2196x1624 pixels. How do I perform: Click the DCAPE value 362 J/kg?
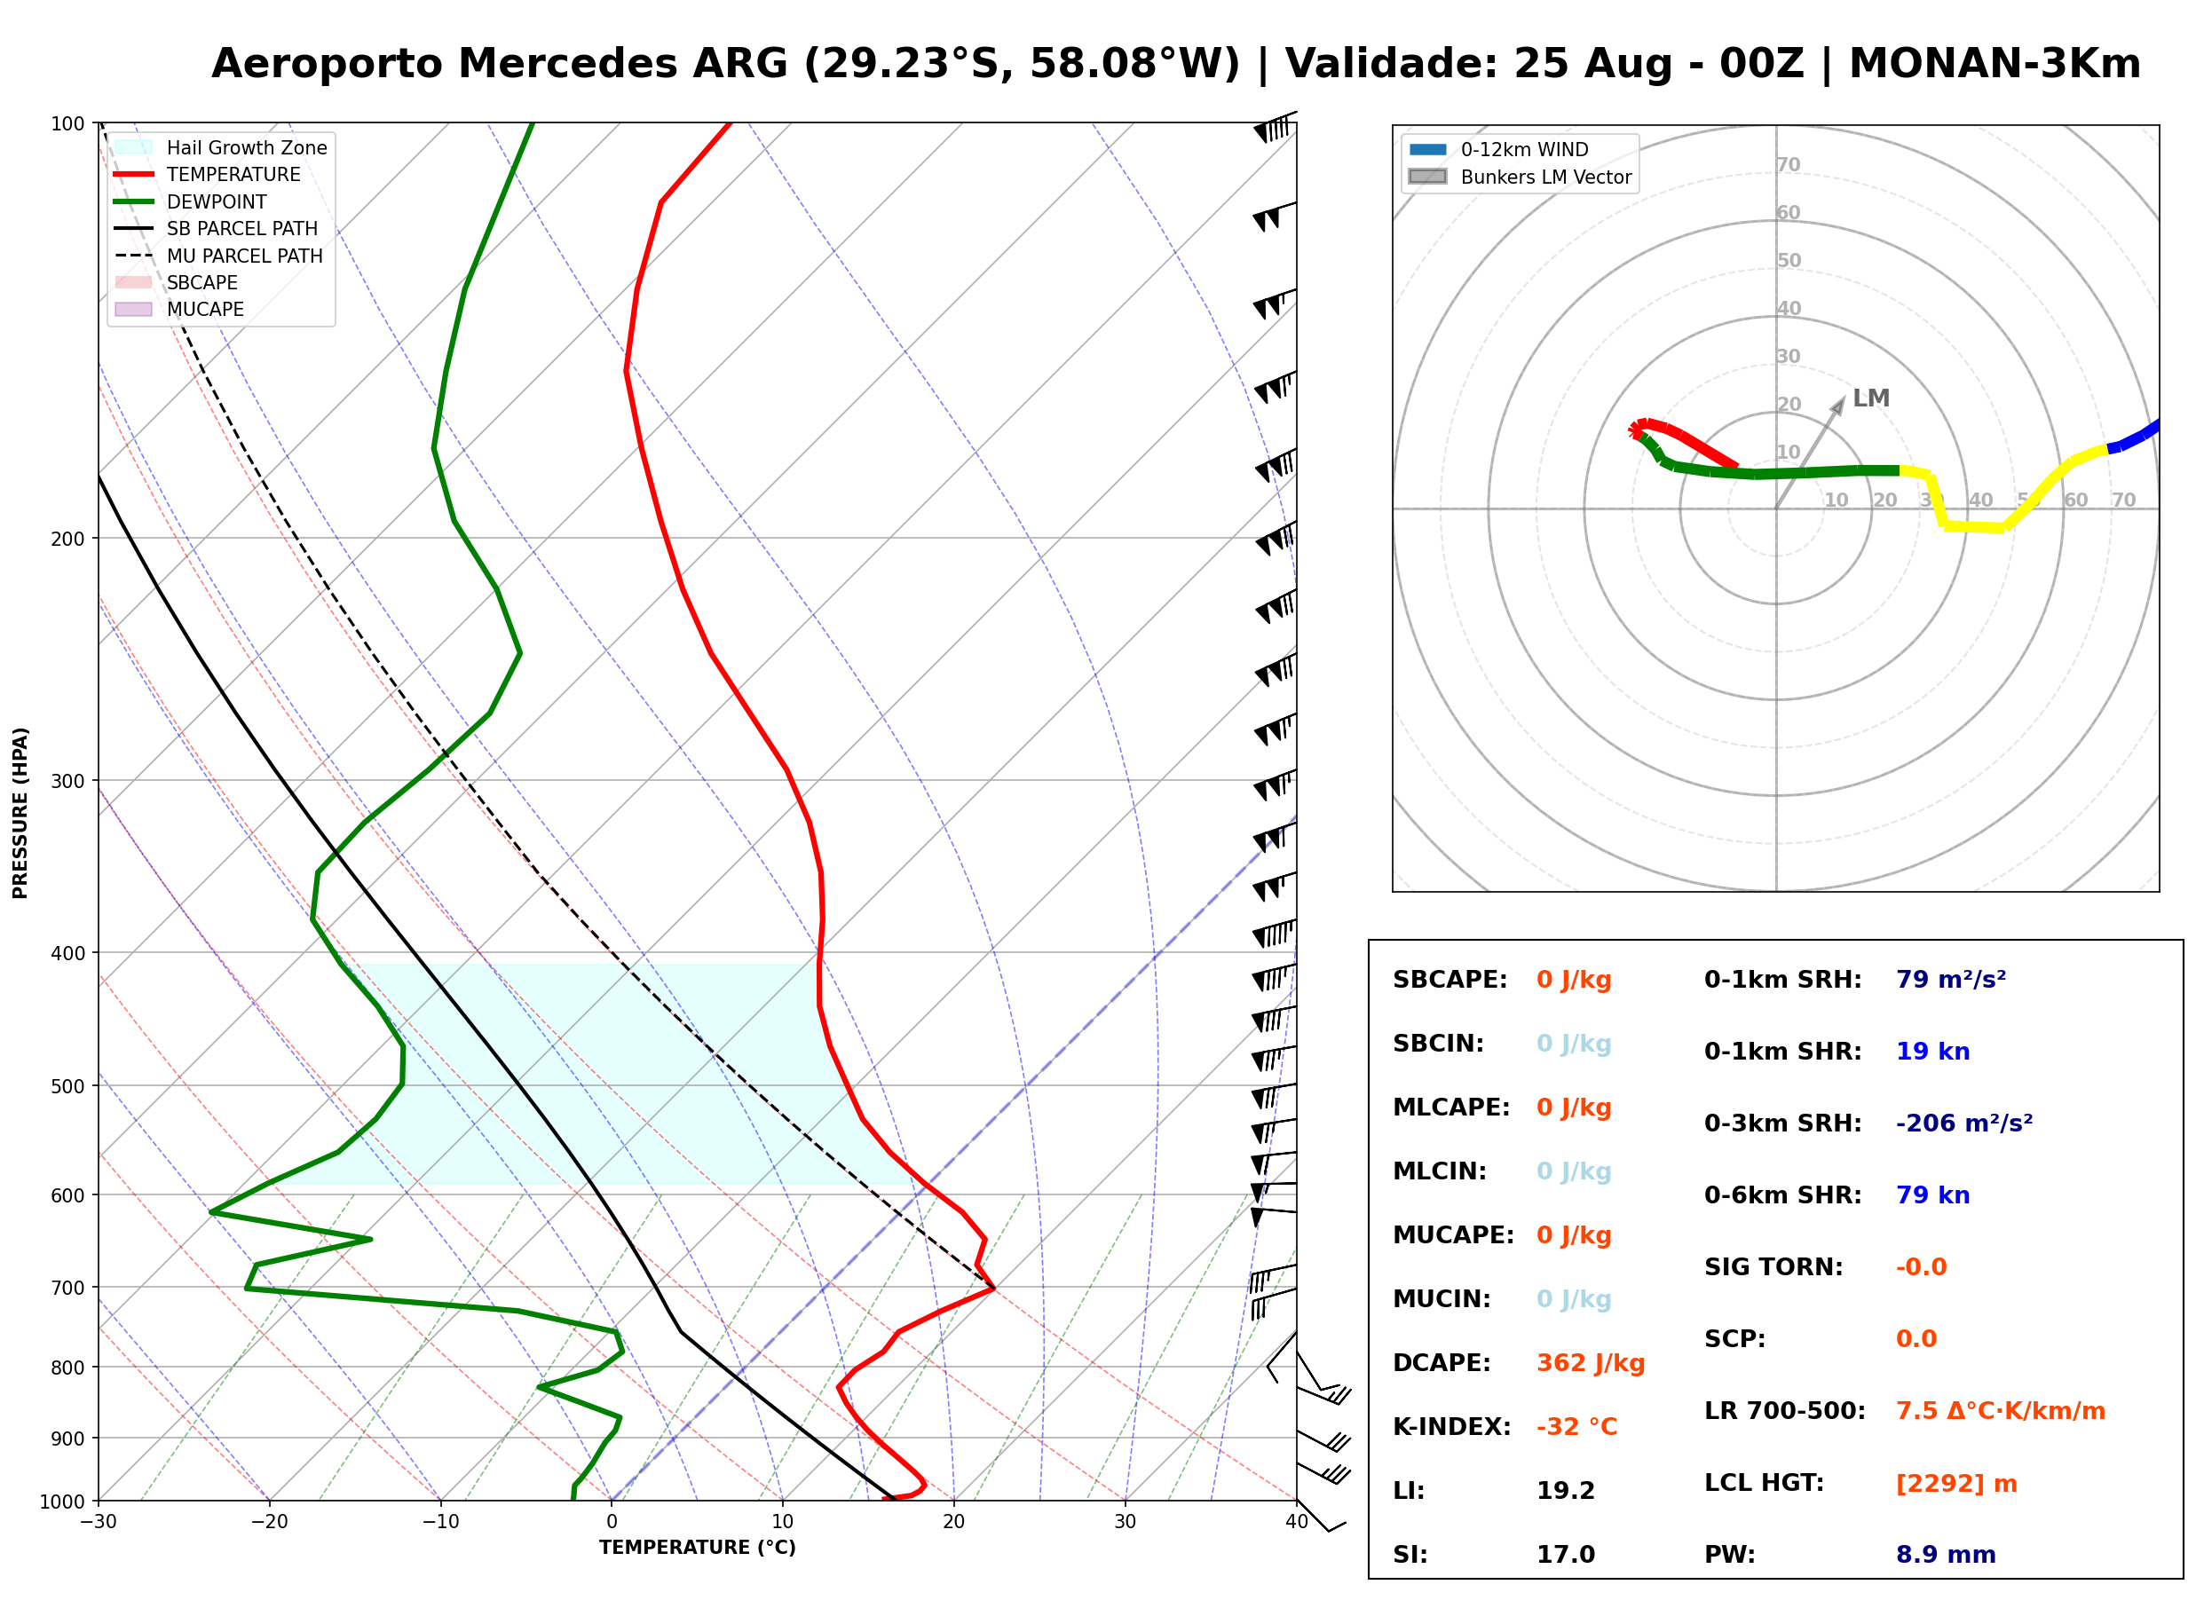1591,1363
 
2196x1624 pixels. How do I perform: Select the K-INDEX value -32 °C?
1576,1427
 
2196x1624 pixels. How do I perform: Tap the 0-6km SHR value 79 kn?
1932,1195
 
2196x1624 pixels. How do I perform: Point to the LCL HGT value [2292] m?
1956,1484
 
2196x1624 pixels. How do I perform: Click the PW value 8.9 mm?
1946,1555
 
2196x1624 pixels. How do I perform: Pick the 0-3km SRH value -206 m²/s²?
1964,1123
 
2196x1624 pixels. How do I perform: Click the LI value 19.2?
1565,1491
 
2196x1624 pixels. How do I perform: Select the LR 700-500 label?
1784,1412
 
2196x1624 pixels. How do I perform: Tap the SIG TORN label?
1773,1267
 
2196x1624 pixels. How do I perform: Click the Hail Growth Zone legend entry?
221,147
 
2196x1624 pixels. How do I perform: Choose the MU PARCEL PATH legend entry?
219,256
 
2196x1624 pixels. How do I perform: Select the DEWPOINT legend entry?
191,201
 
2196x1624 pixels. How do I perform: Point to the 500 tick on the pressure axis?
69,1086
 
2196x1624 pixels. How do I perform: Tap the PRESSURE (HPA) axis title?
20,813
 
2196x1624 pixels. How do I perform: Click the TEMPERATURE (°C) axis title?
698,1548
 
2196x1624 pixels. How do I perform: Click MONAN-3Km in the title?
1995,64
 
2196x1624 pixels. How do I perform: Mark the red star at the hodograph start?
1637,430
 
